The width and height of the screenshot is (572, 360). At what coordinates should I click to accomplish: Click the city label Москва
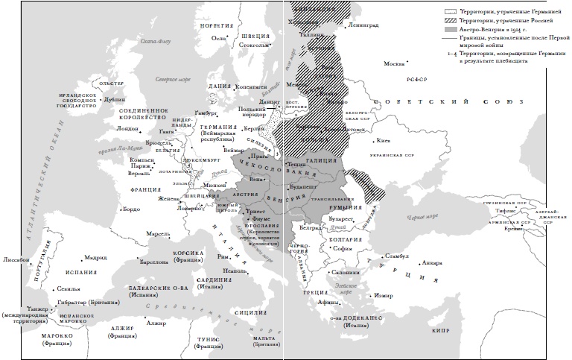click(x=394, y=63)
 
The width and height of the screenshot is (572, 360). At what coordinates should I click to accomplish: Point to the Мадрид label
click(x=95, y=258)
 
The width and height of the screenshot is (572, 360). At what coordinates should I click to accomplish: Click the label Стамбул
click(x=398, y=256)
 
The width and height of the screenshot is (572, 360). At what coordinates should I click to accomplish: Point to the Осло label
click(x=218, y=37)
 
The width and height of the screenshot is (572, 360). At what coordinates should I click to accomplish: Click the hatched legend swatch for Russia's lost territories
click(x=451, y=21)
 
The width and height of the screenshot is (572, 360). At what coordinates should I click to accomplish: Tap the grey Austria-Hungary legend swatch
click(x=451, y=30)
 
